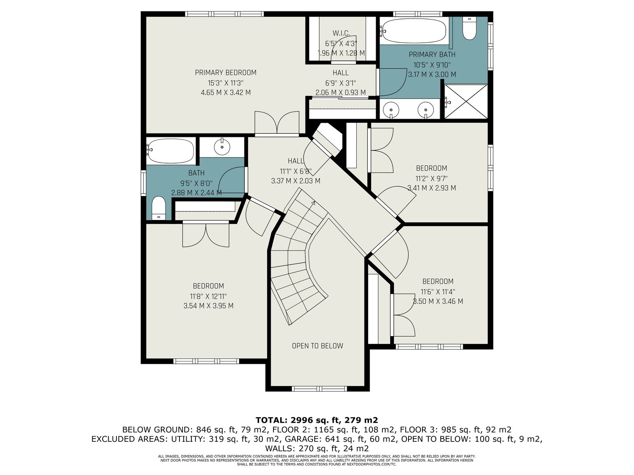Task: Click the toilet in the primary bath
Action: (470, 28)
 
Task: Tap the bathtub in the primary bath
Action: (414, 30)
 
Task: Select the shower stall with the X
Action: (466, 101)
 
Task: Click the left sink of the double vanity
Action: (391, 110)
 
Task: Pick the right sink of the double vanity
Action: (426, 110)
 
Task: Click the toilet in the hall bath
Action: (158, 208)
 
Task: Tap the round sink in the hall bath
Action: (222, 147)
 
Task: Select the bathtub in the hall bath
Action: (170, 150)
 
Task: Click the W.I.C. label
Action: (341, 33)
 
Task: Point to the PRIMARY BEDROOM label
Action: (225, 72)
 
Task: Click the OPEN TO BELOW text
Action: (317, 346)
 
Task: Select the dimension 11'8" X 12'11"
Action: (208, 296)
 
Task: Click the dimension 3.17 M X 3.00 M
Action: (432, 74)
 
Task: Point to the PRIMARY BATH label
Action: (432, 55)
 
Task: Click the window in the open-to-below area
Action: (319, 389)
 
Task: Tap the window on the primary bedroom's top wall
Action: (224, 14)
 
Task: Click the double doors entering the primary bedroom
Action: (277, 123)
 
